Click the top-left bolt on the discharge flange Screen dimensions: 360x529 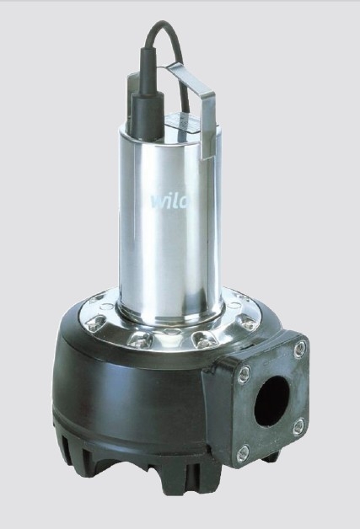point(244,374)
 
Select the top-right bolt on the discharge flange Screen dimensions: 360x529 point(300,350)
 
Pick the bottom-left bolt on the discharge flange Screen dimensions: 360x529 point(243,453)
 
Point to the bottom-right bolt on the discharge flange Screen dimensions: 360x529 point(298,426)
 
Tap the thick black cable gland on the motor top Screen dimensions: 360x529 point(148,117)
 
